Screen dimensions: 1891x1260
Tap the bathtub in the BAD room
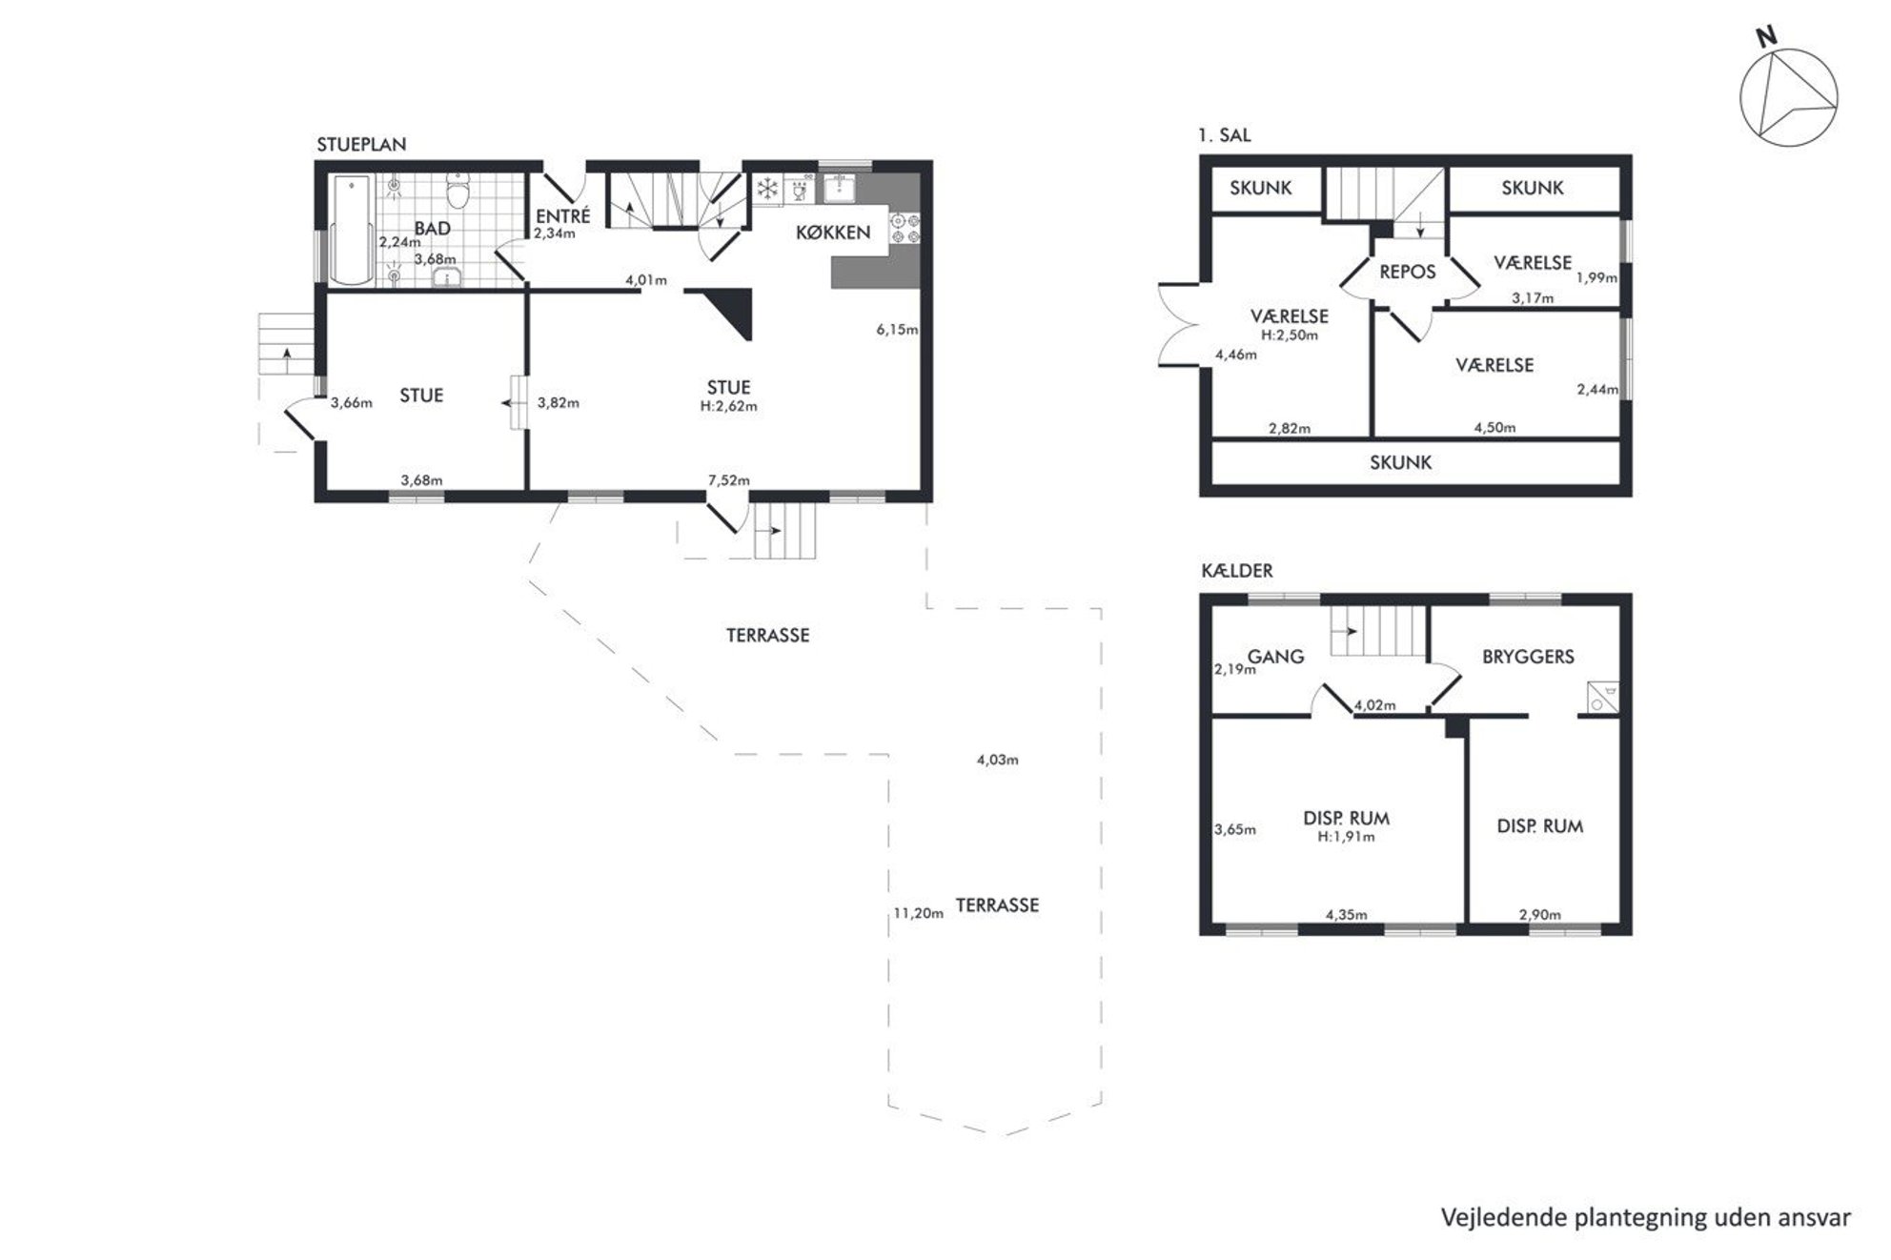tap(351, 230)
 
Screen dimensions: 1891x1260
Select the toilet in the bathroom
tap(459, 192)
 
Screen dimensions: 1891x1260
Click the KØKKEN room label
tap(833, 232)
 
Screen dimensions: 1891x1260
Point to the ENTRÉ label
tap(563, 216)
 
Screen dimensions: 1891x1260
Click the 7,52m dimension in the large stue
tap(728, 480)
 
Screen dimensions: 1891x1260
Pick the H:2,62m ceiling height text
tap(729, 406)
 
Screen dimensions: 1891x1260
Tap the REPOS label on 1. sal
tap(1407, 272)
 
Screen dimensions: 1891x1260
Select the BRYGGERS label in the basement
tap(1528, 657)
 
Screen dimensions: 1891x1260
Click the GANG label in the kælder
tap(1275, 657)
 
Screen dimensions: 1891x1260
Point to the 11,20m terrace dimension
tap(918, 913)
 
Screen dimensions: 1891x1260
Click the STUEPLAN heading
tap(361, 144)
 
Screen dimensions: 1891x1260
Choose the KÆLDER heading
tap(1237, 571)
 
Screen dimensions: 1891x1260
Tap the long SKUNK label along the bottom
tap(1401, 462)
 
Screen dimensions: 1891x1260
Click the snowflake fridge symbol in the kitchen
tap(767, 189)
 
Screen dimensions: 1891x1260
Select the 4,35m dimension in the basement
tap(1346, 915)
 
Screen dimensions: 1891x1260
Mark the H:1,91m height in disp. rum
tap(1346, 837)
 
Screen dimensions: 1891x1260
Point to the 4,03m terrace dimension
tap(997, 760)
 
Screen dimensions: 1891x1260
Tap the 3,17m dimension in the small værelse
tap(1533, 298)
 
